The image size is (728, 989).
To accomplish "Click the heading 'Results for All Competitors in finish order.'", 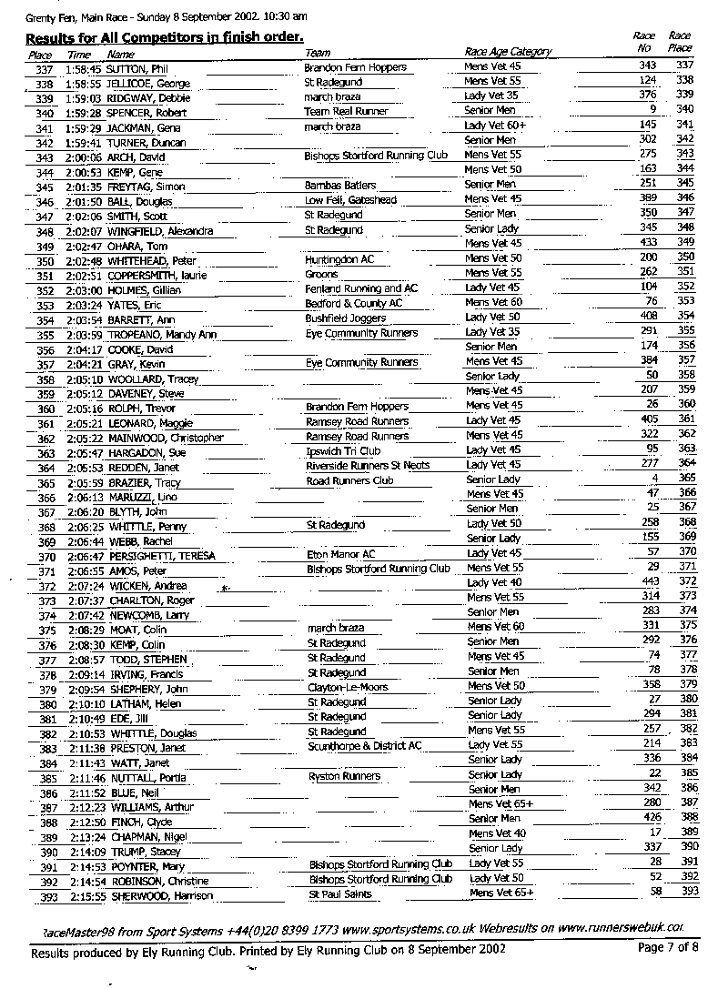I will pos(164,37).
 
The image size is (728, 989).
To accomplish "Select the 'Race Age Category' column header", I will pos(508,53).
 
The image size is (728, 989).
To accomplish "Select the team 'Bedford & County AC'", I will pos(353,303).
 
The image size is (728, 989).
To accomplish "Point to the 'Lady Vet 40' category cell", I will pos(494,582).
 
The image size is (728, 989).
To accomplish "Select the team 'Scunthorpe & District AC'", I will pos(364,746).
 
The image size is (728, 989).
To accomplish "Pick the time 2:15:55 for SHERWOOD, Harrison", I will pos(87,896).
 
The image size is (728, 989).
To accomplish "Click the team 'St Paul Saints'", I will pos(339,894).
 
